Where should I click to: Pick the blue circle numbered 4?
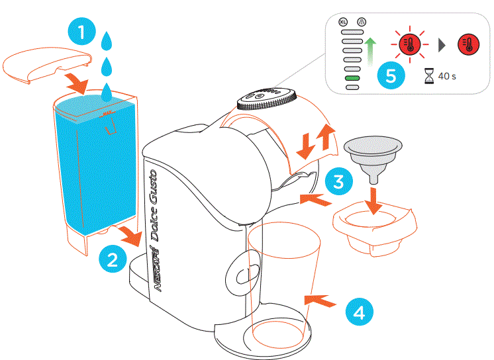click(358, 311)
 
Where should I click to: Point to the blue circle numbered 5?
click(391, 75)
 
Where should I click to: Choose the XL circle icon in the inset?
click(343, 22)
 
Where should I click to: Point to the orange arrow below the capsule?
click(374, 199)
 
